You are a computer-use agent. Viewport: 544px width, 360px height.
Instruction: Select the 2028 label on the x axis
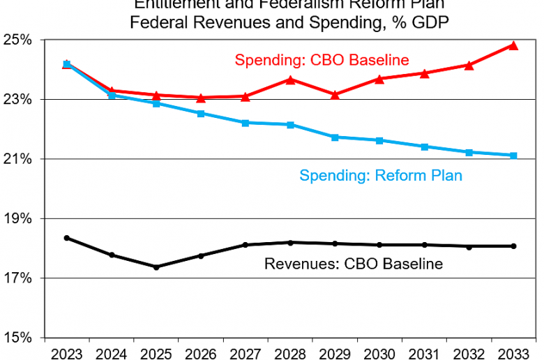coord(290,352)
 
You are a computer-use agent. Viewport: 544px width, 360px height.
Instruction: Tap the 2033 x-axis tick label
coord(513,352)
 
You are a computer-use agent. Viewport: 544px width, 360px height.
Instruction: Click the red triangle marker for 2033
coord(513,45)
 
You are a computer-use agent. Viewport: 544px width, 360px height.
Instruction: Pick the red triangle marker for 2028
coord(290,80)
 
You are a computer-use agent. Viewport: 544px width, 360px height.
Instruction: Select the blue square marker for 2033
coord(513,156)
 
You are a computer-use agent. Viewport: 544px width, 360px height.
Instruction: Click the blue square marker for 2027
coord(245,123)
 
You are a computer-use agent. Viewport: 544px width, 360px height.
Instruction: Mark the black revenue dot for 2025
coord(156,267)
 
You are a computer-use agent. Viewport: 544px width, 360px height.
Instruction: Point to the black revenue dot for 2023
coord(67,238)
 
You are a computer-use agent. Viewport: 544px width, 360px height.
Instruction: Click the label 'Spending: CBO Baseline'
coord(322,59)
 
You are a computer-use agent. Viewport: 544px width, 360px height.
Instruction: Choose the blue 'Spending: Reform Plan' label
coord(381,175)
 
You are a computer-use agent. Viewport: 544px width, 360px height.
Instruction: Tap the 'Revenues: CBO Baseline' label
coord(354,264)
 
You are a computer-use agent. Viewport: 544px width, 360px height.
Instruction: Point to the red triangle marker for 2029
coord(335,94)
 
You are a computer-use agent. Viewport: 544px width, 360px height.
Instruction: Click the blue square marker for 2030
coord(379,140)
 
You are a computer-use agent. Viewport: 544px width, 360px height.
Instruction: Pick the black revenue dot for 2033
coord(513,246)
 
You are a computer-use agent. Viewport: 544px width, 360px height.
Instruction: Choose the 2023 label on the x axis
coord(67,352)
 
